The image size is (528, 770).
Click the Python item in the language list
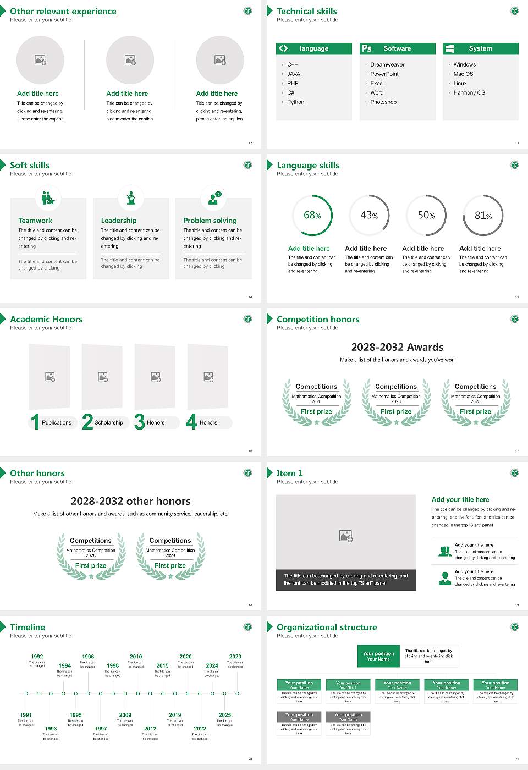tap(295, 102)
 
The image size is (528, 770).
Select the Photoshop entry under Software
tap(383, 102)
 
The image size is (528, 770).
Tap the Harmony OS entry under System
tap(469, 93)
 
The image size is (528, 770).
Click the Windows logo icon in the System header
tap(449, 48)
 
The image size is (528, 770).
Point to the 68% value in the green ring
tap(312, 216)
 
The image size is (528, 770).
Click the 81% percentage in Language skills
tap(483, 216)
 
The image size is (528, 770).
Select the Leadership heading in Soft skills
tap(119, 221)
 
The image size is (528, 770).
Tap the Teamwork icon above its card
tap(48, 197)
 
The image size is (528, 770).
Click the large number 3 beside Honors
tap(140, 422)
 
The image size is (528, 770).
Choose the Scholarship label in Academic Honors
tap(108, 423)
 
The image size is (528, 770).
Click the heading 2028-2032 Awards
tap(397, 348)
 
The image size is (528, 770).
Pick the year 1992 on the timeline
tap(37, 657)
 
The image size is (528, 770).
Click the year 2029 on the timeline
tap(235, 657)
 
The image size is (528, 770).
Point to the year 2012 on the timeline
tap(150, 728)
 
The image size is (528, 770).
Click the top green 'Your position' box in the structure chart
tap(378, 656)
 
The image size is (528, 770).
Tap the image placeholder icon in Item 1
tap(346, 535)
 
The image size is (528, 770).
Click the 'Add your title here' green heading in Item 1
tap(460, 500)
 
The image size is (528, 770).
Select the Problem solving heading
tap(210, 221)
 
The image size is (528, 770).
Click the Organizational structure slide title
tap(327, 628)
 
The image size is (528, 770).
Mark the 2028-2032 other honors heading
tap(130, 502)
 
